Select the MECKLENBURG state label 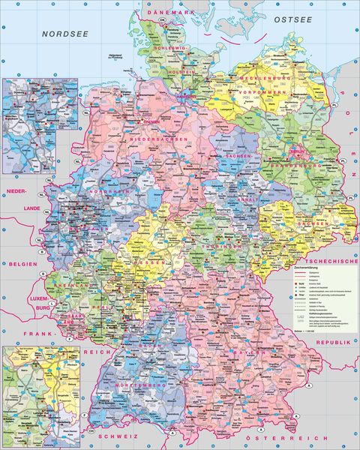(x=264, y=77)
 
